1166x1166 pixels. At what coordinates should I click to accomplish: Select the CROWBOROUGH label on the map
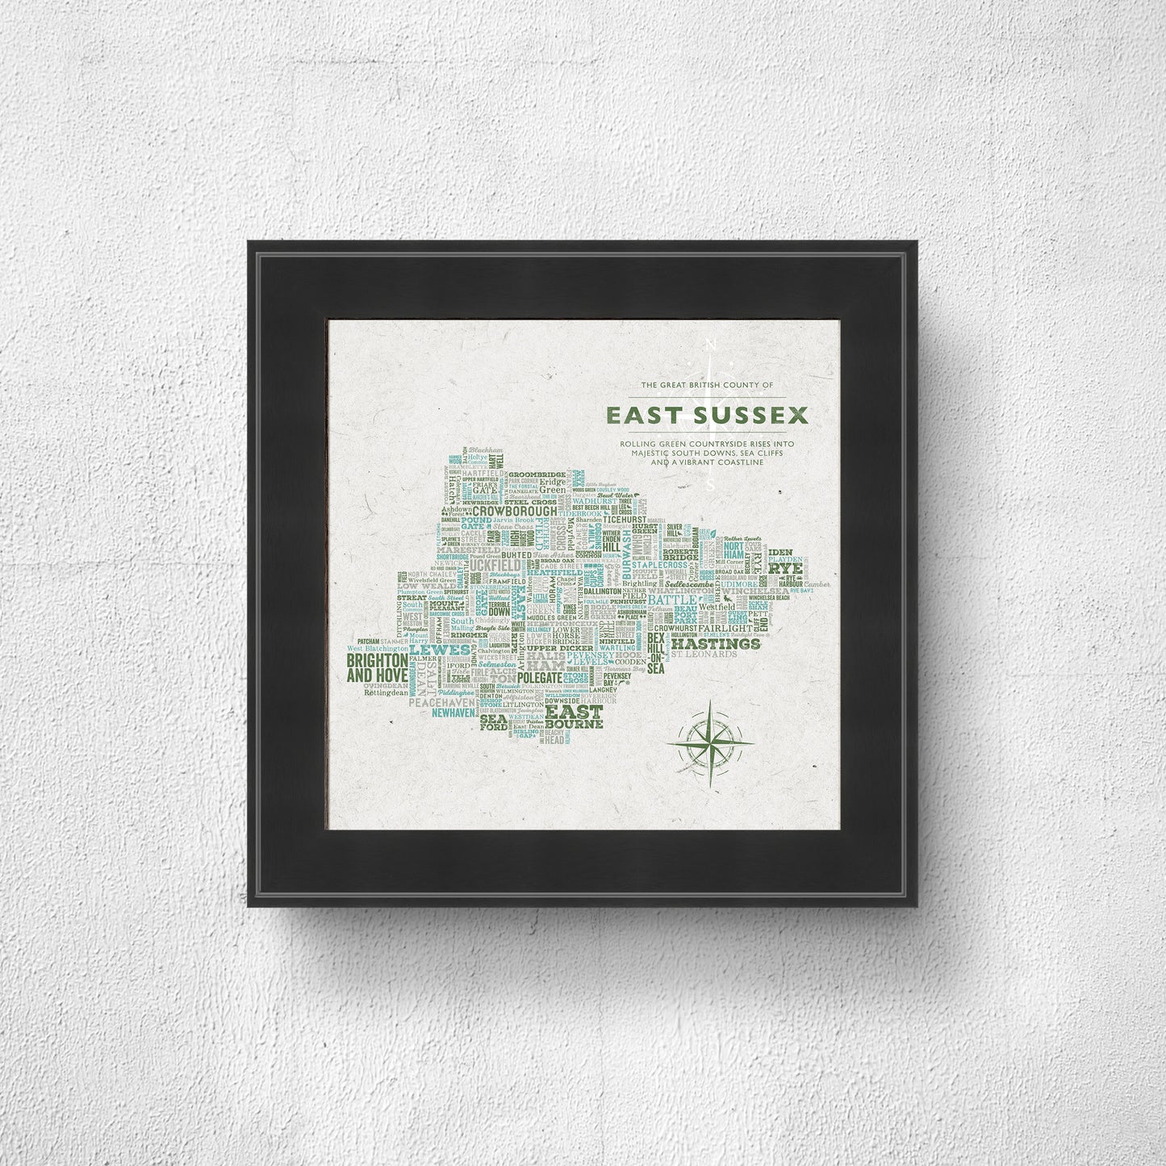pos(515,511)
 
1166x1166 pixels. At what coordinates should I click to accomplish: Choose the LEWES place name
pos(440,649)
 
